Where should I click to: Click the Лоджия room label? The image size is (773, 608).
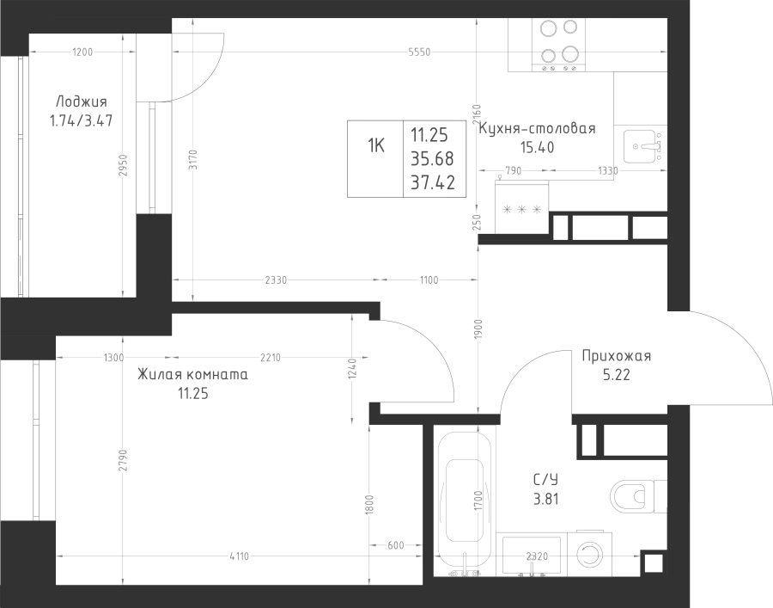pyautogui.click(x=82, y=102)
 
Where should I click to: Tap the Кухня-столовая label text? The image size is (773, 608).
pyautogui.click(x=538, y=129)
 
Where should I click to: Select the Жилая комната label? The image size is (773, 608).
pyautogui.click(x=192, y=375)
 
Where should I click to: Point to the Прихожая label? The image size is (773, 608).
pyautogui.click(x=616, y=356)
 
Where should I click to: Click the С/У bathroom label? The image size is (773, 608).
pyautogui.click(x=545, y=480)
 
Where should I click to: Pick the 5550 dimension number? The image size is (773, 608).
pyautogui.click(x=419, y=52)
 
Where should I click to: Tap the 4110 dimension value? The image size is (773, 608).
pyautogui.click(x=240, y=556)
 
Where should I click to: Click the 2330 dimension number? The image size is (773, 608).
pyautogui.click(x=276, y=280)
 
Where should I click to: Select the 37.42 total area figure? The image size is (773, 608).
pyautogui.click(x=433, y=182)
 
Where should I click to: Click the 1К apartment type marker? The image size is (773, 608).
pyautogui.click(x=375, y=146)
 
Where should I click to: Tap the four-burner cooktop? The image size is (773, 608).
pyautogui.click(x=558, y=45)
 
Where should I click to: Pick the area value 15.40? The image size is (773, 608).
pyautogui.click(x=537, y=147)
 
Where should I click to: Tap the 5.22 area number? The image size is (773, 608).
pyautogui.click(x=616, y=375)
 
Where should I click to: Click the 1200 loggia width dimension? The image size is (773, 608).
pyautogui.click(x=82, y=52)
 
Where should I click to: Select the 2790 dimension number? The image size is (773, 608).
pyautogui.click(x=123, y=459)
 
